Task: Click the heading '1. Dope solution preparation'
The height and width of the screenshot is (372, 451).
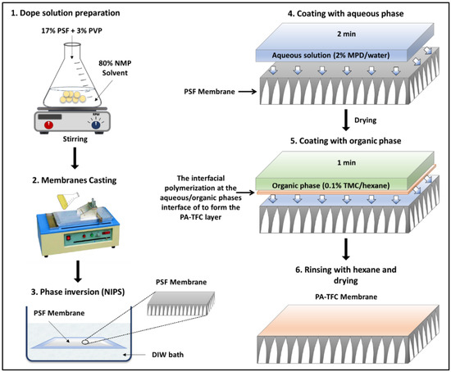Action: point(66,13)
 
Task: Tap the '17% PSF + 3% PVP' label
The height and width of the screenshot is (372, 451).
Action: point(71,30)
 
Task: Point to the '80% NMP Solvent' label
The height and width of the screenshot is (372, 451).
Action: point(115,68)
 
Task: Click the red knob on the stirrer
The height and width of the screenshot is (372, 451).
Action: point(48,125)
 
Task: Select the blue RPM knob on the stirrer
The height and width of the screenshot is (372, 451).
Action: point(96,125)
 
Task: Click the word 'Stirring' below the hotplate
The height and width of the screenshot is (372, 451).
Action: point(75,139)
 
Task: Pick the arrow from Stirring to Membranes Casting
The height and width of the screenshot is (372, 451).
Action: point(75,158)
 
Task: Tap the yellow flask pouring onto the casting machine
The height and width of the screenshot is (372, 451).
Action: point(68,200)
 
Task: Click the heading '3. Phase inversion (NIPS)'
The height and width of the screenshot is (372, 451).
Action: point(78,292)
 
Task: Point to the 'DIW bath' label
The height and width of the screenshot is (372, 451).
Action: point(167,355)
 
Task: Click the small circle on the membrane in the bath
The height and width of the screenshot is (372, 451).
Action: point(85,343)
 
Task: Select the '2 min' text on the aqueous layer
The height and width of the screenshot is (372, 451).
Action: point(347,34)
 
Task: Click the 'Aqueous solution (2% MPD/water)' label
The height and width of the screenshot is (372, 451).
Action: point(330,55)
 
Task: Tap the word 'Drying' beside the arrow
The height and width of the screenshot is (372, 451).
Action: point(365,120)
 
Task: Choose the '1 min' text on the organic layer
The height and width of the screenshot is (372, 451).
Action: point(347,163)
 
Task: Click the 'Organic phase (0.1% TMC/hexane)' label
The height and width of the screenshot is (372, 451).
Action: point(330,185)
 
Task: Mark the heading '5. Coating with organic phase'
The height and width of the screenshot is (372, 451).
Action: point(346,141)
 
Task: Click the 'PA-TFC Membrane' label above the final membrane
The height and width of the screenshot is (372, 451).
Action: point(346,297)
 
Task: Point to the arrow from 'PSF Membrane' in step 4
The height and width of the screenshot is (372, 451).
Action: point(248,92)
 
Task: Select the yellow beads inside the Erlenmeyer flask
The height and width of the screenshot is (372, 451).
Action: point(72,97)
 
